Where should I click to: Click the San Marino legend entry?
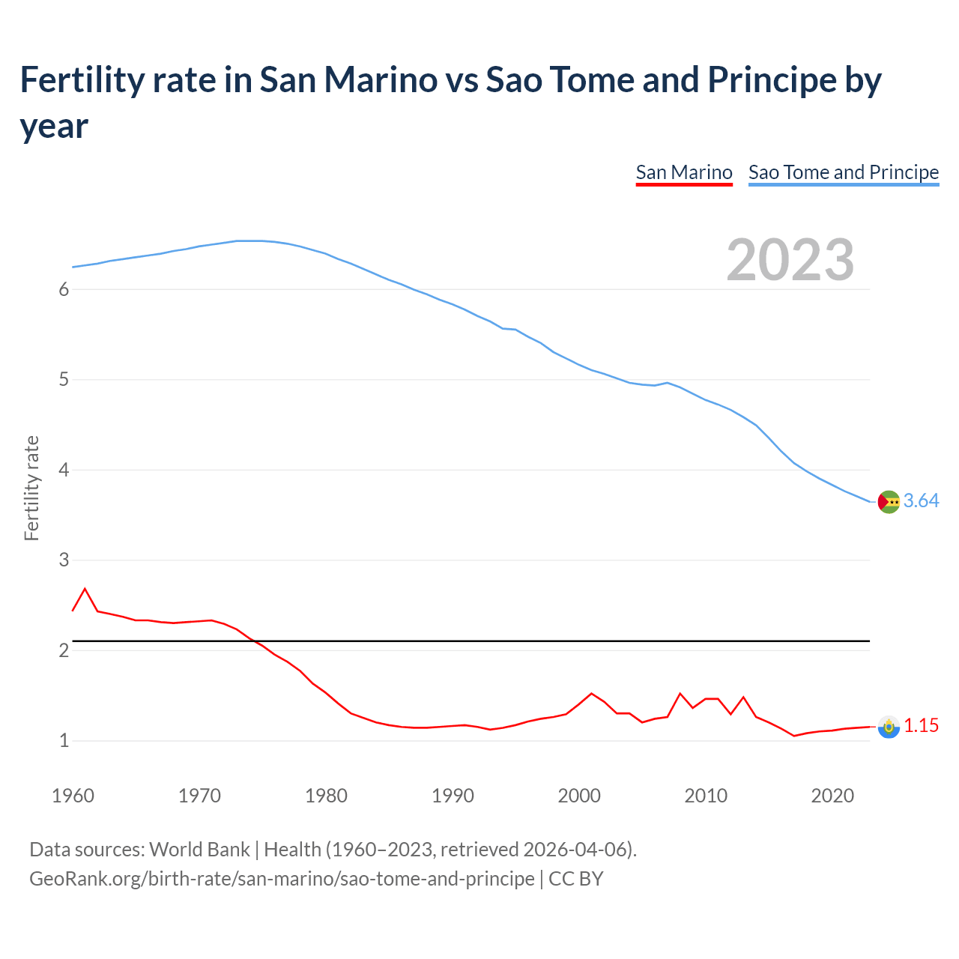tap(683, 172)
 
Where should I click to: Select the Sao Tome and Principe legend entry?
tap(843, 172)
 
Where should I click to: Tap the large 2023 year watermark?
tap(790, 259)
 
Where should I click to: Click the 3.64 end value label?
tap(921, 500)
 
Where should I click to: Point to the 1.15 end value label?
tap(921, 725)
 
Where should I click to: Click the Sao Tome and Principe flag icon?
tap(889, 502)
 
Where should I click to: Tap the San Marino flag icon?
tap(889, 727)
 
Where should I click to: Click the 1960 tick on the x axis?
tap(73, 796)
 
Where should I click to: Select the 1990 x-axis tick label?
tap(453, 796)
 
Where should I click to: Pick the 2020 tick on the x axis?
tap(832, 796)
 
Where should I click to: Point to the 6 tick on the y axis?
tap(64, 290)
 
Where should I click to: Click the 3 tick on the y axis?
tap(64, 560)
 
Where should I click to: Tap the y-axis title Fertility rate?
tap(31, 488)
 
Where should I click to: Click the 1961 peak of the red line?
tap(85, 589)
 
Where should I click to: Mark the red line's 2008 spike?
tap(680, 694)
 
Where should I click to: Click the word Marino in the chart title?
tap(382, 79)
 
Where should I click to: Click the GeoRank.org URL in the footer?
tap(282, 878)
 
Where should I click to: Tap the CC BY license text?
tap(575, 878)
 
